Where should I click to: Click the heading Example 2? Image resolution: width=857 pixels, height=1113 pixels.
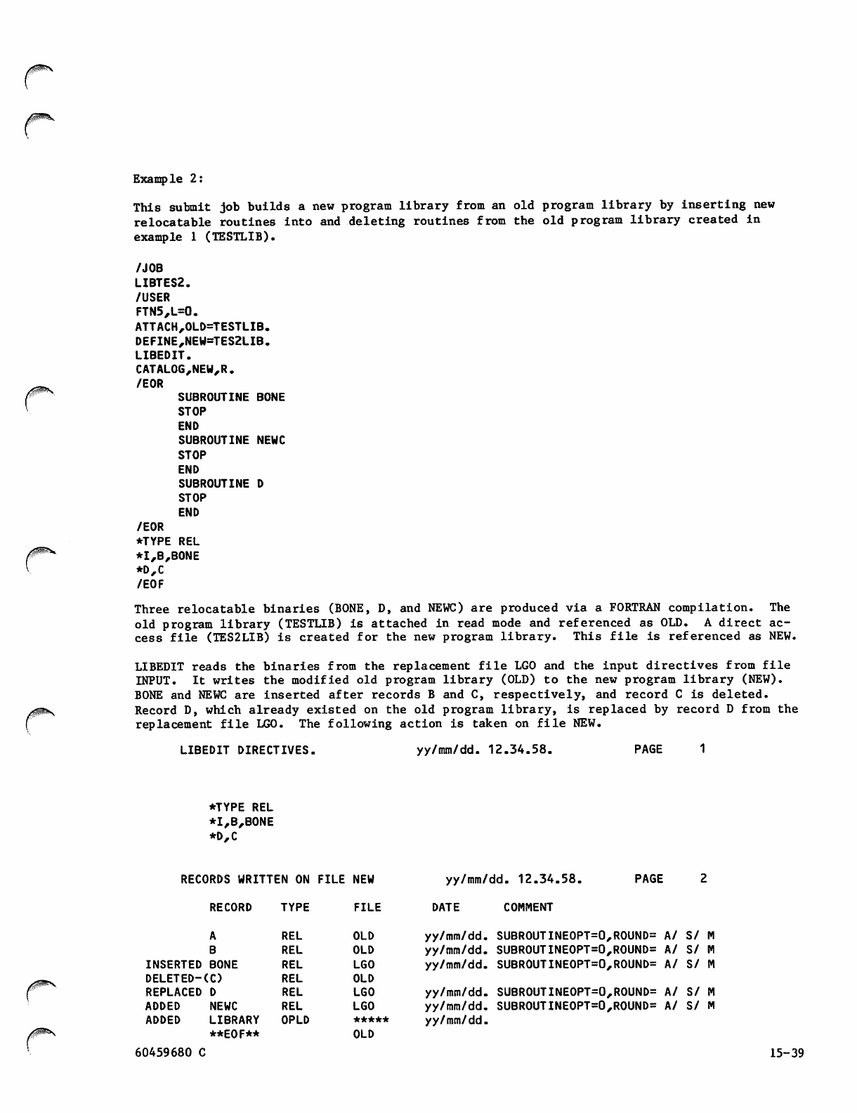(169, 178)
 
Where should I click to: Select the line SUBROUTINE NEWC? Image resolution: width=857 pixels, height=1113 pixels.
(232, 441)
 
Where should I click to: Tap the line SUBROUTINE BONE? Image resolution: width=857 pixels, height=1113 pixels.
(232, 398)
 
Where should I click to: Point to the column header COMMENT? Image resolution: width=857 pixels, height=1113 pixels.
(528, 907)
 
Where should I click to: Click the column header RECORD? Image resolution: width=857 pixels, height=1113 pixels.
(230, 907)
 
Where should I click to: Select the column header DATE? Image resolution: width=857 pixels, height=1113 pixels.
(445, 907)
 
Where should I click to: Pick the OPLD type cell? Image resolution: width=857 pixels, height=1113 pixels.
(295, 1020)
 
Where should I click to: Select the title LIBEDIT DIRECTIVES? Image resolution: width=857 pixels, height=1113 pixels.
(247, 750)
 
